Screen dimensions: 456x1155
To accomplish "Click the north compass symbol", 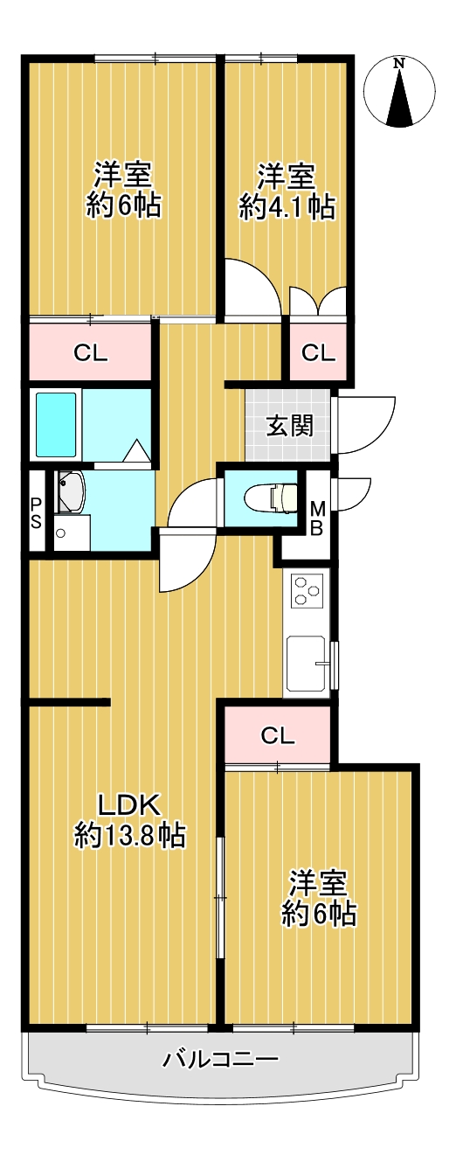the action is pyautogui.click(x=399, y=92).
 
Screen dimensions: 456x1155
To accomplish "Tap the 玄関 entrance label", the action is pyautogui.click(x=289, y=426).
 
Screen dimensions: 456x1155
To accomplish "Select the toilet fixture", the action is pyautogui.click(x=272, y=498).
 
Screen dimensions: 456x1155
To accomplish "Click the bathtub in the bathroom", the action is pyautogui.click(x=56, y=425).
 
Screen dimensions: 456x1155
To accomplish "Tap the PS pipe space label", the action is pyautogui.click(x=36, y=512).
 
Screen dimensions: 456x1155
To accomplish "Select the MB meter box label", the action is pyautogui.click(x=318, y=519).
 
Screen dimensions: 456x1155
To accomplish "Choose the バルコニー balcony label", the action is pyautogui.click(x=221, y=1059).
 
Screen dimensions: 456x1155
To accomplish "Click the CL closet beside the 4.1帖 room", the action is pyautogui.click(x=318, y=352).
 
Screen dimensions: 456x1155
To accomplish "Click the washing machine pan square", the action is pyautogui.click(x=72, y=532).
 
